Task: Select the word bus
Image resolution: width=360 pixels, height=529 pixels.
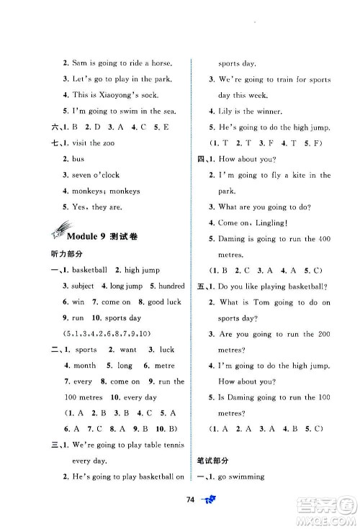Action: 78,159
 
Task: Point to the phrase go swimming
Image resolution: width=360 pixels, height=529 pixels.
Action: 240,476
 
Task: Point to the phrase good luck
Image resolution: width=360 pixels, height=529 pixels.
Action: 164,302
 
